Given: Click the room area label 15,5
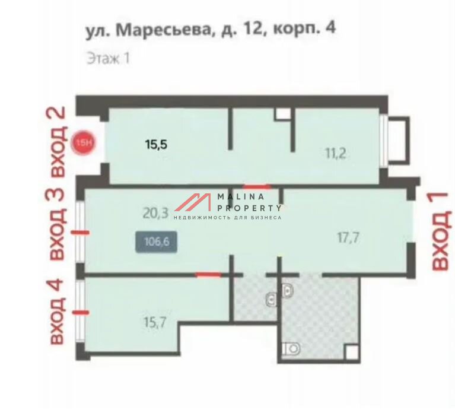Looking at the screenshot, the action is [x=157, y=144].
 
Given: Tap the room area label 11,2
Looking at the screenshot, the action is [x=336, y=154].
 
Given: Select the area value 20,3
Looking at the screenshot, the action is [x=155, y=213].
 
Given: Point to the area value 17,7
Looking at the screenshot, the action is [x=348, y=238].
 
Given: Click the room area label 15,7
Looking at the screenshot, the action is [x=155, y=322].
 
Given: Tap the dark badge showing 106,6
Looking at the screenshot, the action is [x=157, y=242].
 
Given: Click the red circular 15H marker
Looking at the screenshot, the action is [x=84, y=143].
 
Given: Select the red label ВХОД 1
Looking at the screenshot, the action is [x=441, y=231].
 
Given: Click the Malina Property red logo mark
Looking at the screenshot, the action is [x=193, y=202].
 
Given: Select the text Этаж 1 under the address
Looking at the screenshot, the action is [x=108, y=58].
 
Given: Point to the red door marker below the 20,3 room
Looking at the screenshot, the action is [x=208, y=275].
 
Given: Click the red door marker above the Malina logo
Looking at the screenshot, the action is [x=257, y=187].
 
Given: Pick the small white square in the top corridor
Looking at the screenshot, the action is [x=283, y=113].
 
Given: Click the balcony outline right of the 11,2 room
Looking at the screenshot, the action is [x=409, y=141].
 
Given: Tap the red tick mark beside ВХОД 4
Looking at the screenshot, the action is [x=80, y=313].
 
